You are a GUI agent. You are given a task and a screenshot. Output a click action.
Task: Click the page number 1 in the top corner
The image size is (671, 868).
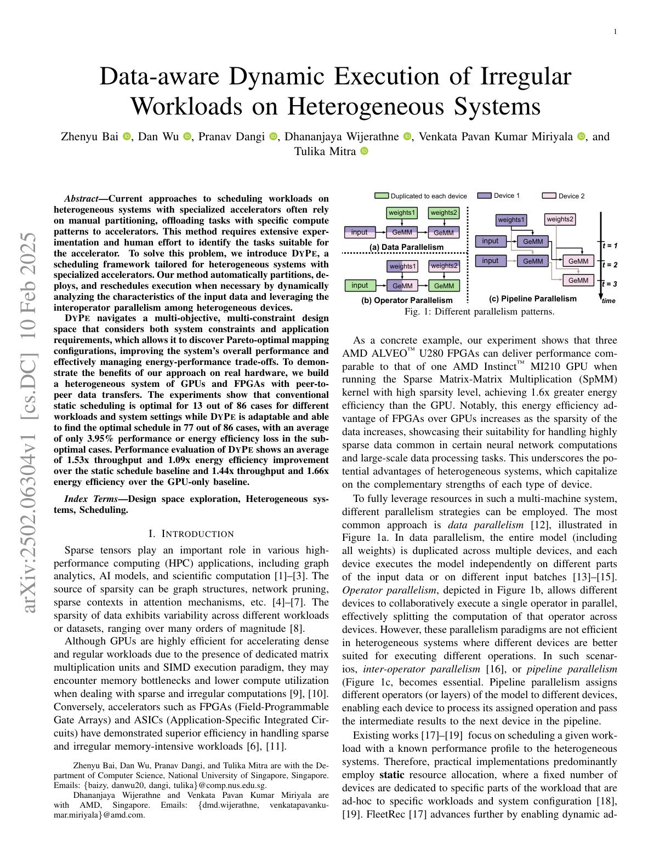pos(615,32)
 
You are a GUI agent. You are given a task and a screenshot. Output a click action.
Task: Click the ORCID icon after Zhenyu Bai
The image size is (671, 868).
pos(127,136)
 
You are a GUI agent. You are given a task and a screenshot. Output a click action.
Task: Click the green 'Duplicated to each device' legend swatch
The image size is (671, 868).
pos(382,196)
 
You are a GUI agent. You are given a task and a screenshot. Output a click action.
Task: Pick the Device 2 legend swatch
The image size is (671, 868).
pos(549,196)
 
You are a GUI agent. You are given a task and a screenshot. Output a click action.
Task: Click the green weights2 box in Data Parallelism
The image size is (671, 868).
pos(443,213)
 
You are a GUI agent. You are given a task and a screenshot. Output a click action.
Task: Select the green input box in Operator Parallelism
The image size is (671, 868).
pos(360,285)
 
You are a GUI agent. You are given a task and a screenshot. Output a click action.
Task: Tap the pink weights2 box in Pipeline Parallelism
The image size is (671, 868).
pos(560,219)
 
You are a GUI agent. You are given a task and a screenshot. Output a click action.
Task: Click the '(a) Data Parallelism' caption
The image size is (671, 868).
pos(406,247)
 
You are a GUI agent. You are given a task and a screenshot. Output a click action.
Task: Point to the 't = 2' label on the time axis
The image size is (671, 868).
pos(610,265)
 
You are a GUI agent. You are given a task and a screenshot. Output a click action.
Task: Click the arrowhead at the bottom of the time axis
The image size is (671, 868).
pos(601,296)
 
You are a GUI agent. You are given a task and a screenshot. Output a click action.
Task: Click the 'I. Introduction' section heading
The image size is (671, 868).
pos(191,534)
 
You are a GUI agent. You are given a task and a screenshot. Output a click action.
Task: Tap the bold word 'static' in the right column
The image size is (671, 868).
pos(391,775)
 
